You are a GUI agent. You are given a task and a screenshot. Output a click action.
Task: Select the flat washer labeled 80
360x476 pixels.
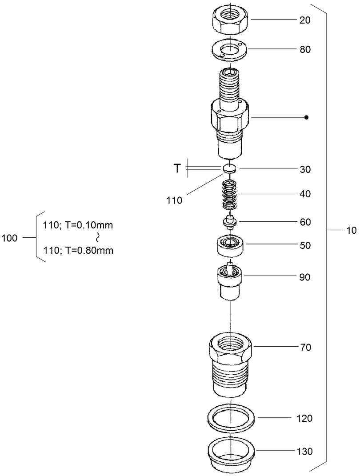(229, 49)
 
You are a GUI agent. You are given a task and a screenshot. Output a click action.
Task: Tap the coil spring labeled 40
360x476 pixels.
(229, 194)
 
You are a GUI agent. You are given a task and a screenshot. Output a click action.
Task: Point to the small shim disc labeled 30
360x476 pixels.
(229, 168)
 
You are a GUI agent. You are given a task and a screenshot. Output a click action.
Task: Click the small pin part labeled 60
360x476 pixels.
(229, 221)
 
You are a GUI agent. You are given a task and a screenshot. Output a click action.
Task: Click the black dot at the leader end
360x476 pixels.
(306, 117)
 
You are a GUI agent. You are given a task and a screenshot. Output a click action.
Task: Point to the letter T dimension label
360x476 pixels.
(176, 168)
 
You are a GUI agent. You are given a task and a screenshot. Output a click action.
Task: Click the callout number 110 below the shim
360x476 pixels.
(175, 200)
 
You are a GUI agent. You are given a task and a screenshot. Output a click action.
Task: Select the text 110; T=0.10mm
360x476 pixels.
(78, 225)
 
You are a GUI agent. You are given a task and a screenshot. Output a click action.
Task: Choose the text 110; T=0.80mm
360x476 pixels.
(78, 251)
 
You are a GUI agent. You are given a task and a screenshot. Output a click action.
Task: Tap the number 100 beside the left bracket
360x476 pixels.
(10, 238)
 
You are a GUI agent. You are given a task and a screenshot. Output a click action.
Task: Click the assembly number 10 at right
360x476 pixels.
(351, 230)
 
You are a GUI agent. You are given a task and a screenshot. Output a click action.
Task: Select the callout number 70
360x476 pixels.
(306, 347)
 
